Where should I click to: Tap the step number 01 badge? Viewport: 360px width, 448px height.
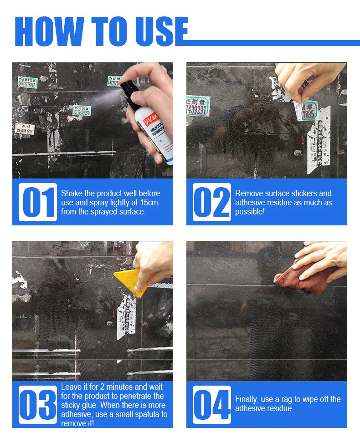38,202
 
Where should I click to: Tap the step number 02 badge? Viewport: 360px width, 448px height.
211,202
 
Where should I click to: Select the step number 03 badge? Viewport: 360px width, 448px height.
38,405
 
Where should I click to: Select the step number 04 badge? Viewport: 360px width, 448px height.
211,405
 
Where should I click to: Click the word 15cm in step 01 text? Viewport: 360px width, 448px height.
149,203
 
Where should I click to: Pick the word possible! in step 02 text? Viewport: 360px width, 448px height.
250,212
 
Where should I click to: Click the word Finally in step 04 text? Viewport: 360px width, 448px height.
247,399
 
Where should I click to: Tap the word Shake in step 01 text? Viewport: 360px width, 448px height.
71,193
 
